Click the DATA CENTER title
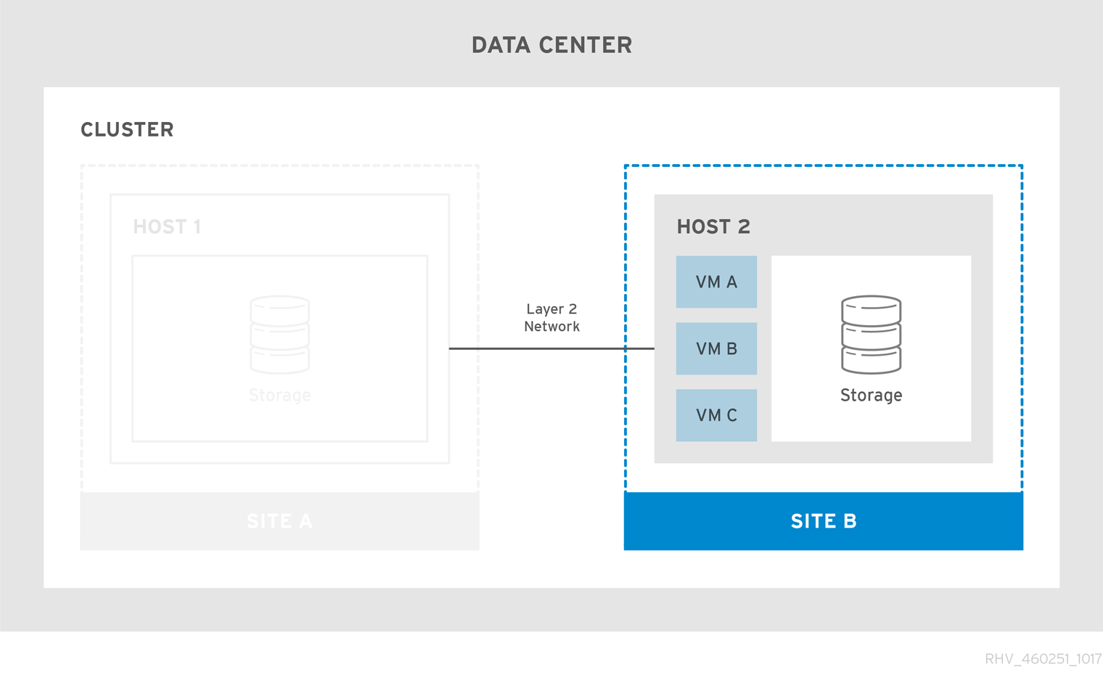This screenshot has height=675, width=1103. pyautogui.click(x=551, y=45)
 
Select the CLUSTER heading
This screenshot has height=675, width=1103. pyautogui.click(x=127, y=130)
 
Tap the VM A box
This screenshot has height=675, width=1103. pyautogui.click(x=716, y=282)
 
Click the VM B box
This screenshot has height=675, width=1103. pyautogui.click(x=716, y=348)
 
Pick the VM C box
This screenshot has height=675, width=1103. pyautogui.click(x=716, y=415)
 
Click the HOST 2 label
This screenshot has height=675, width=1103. pyautogui.click(x=713, y=227)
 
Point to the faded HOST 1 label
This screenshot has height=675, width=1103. pyautogui.click(x=167, y=227)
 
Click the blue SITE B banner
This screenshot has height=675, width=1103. pyautogui.click(x=823, y=521)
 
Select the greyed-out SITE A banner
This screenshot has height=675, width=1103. pyautogui.click(x=279, y=521)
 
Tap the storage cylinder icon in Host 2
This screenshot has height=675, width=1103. pyautogui.click(x=871, y=335)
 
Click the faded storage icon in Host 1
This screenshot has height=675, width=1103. pyautogui.click(x=279, y=335)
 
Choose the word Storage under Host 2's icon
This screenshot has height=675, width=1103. pyautogui.click(x=871, y=396)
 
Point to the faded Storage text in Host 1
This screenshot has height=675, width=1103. pyautogui.click(x=279, y=396)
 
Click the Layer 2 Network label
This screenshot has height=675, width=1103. pyautogui.click(x=551, y=318)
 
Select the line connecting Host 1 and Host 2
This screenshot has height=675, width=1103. pyautogui.click(x=551, y=348)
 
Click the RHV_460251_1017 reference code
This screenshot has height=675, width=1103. pyautogui.click(x=1042, y=659)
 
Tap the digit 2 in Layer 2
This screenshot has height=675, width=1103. pyautogui.click(x=573, y=309)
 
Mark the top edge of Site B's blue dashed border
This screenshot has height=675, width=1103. pyautogui.click(x=823, y=165)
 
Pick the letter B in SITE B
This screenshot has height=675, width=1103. pyautogui.click(x=850, y=521)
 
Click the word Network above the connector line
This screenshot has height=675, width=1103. pyautogui.click(x=551, y=327)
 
